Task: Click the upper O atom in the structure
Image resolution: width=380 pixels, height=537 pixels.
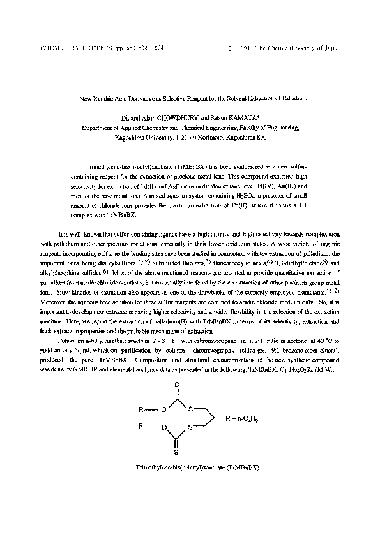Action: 165,410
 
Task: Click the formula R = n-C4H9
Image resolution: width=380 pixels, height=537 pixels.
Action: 241,419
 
